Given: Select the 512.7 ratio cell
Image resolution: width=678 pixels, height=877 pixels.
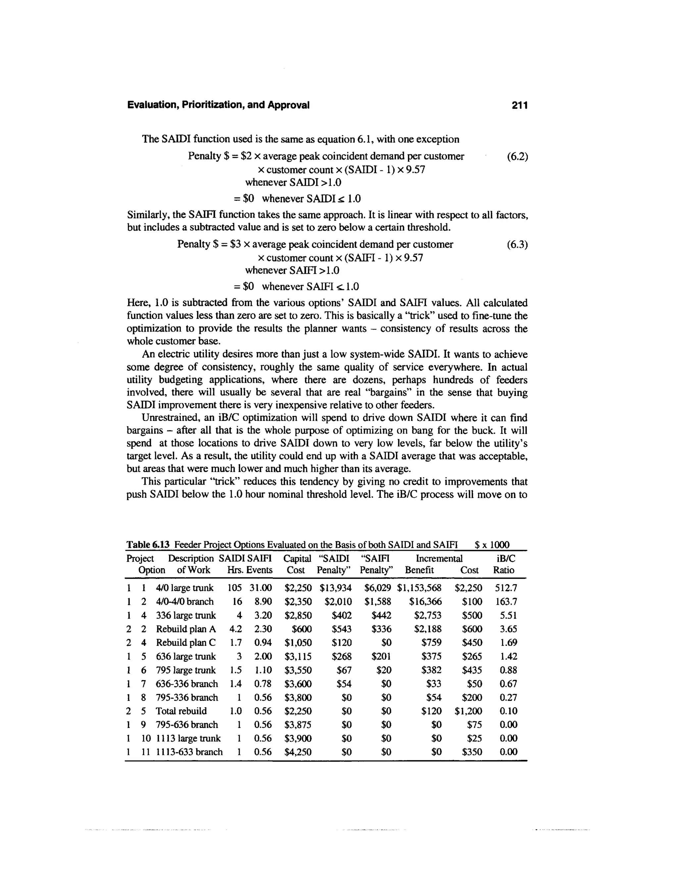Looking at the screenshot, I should coord(506,588).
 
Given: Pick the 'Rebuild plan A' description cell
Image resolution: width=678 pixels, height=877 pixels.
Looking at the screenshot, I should coord(186,629).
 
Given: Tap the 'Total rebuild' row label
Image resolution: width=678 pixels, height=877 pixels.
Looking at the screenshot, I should coord(181,711).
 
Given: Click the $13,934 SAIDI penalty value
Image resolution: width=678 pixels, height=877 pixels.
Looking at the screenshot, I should coord(335,588).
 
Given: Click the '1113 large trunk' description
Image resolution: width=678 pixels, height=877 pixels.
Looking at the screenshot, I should coord(188,738).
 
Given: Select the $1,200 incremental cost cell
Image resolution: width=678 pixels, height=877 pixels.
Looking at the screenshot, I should coord(468,711).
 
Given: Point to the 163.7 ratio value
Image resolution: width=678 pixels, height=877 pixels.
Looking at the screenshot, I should coord(506,602).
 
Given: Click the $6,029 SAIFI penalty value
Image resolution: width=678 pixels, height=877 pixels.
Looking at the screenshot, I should coord(377,588).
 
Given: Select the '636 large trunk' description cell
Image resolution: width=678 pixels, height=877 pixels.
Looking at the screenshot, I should coord(186,656).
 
